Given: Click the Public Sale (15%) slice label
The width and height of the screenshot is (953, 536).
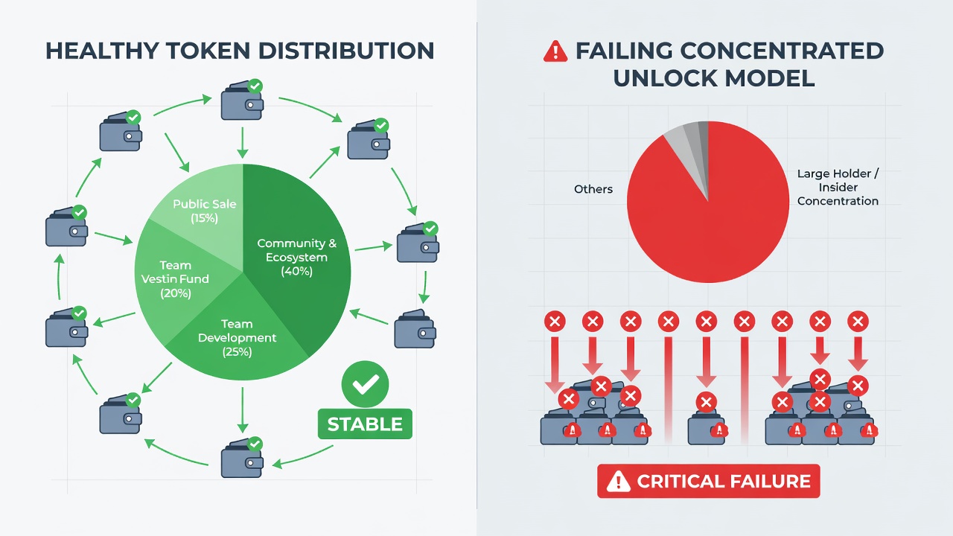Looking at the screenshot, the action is (x=204, y=211).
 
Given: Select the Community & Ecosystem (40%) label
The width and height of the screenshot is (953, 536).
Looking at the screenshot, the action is (x=296, y=257).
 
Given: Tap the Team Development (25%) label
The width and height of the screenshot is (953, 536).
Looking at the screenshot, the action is (x=237, y=338).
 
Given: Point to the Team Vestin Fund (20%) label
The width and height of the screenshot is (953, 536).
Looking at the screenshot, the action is (x=175, y=279).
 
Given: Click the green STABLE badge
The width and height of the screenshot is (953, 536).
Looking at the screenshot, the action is (x=365, y=424).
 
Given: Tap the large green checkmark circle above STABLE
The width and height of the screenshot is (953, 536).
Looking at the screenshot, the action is (x=365, y=383).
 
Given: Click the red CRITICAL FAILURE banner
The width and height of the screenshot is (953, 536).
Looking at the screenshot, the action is (x=708, y=481).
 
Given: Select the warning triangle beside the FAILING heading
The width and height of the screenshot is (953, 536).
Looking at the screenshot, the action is (x=555, y=52).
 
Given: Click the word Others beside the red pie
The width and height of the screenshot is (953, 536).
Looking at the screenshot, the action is (x=593, y=189).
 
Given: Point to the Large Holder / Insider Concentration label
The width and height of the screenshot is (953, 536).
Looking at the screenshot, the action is (x=838, y=187).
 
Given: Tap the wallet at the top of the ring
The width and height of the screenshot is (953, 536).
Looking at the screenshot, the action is (x=242, y=100).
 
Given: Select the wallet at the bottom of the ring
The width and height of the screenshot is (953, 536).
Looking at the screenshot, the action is (x=242, y=458).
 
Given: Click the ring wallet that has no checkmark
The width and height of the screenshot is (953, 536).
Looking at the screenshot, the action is (x=415, y=329).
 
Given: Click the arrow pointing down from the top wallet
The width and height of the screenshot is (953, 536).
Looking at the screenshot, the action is (x=243, y=142).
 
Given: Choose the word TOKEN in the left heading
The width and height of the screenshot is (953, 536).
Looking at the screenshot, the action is (x=208, y=51).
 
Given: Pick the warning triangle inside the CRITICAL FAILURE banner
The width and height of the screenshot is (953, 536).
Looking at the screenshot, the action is (x=618, y=482).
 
